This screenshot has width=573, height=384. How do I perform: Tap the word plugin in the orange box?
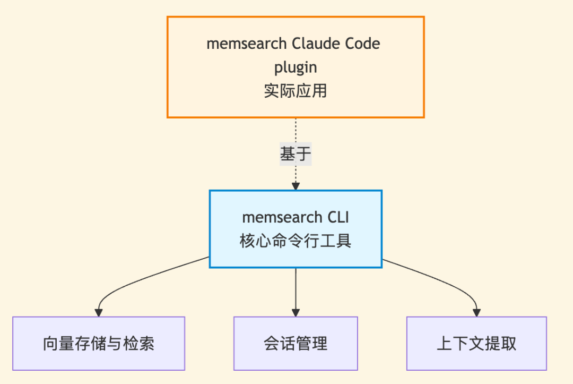click(296, 67)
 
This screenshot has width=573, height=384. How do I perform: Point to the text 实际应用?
click(296, 91)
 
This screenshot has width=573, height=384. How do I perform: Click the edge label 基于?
click(296, 154)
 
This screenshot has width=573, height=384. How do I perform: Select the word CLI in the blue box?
click(337, 217)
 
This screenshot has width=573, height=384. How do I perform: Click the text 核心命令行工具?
click(296, 241)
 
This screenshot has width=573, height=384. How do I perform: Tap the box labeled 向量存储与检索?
click(99, 344)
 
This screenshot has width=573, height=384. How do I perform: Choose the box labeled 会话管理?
click(296, 344)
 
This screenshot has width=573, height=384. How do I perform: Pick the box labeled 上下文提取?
click(476, 344)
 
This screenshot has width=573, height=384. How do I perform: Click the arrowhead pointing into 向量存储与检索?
click(99, 312)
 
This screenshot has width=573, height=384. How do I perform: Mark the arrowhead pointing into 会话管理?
click(296, 312)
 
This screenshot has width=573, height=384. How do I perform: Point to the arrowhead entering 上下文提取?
click(476, 312)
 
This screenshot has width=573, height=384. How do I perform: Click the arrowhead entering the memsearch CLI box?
click(296, 186)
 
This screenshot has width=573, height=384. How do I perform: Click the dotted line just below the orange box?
click(296, 130)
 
